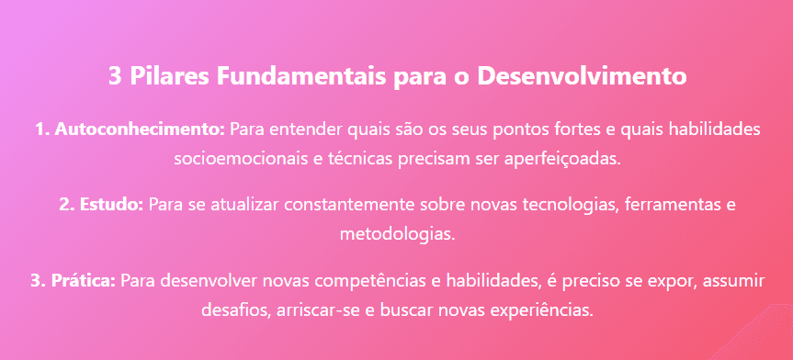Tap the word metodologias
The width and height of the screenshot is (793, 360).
point(397,232)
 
